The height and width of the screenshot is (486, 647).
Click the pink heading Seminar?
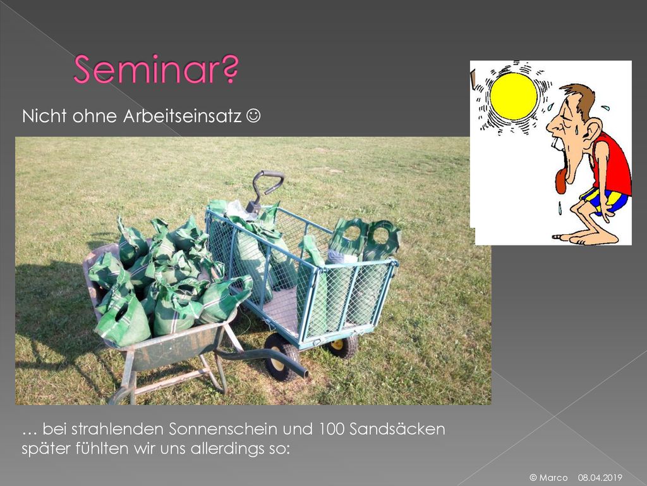[x=156, y=69]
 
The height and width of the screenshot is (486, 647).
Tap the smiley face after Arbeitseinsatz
[x=253, y=116]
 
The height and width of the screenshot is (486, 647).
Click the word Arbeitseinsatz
[x=183, y=116]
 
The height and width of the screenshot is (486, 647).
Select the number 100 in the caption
[x=331, y=429]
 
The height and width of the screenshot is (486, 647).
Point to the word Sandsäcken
[x=397, y=429]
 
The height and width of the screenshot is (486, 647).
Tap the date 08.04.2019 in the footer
[x=600, y=478]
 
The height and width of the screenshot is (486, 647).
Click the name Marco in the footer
[x=553, y=478]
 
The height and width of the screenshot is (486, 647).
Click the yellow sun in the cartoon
[x=513, y=96]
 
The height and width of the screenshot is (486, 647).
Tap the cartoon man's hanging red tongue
[x=561, y=182]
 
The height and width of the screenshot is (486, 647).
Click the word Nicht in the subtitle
[x=44, y=116]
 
